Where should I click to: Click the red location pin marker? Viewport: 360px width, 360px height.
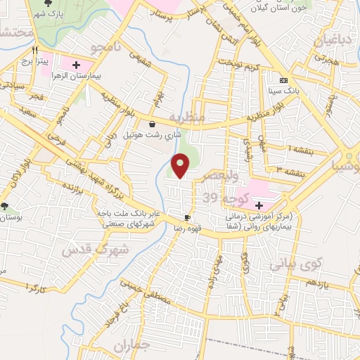coord(181,166)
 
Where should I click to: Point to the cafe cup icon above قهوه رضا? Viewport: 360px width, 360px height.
coord(187,217)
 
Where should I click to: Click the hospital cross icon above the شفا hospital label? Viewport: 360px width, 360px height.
coord(260,205)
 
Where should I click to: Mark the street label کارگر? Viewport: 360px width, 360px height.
coord(34,288)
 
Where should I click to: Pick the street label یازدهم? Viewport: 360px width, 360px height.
coord(316,283)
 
